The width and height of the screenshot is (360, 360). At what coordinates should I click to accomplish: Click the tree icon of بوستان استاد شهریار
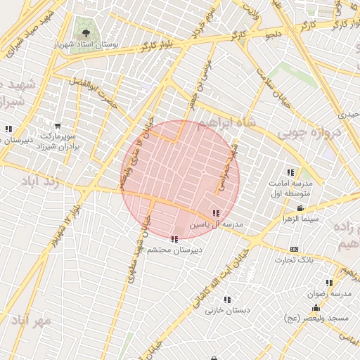coord(86,32)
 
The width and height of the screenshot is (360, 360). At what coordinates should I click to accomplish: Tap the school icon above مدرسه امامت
coord(290,173)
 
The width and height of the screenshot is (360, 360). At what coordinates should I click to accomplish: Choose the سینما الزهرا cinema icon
coord(301,208)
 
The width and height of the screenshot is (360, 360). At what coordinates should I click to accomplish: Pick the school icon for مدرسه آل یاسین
coord(215,213)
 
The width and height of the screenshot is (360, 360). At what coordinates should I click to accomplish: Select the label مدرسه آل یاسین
coord(217,224)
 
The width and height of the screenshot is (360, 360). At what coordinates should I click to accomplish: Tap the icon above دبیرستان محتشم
coord(174,239)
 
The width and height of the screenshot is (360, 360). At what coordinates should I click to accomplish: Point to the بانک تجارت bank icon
coord(293,249)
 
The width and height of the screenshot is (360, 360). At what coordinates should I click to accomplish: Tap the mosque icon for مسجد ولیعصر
coord(316,307)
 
